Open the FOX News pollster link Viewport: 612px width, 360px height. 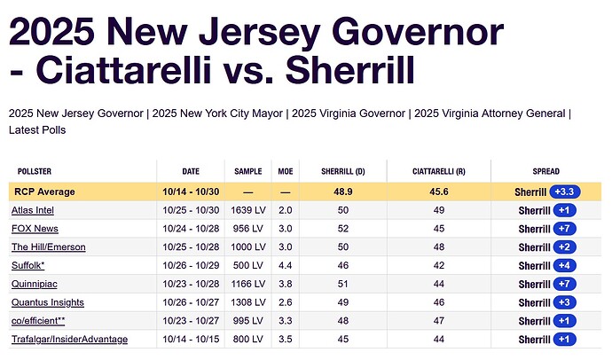35,229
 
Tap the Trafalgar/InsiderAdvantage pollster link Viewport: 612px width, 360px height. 69,340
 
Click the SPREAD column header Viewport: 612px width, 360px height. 545,171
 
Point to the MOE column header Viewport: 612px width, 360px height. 286,171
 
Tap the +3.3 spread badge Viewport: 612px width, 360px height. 566,192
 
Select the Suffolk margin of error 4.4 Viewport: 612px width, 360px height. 286,266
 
